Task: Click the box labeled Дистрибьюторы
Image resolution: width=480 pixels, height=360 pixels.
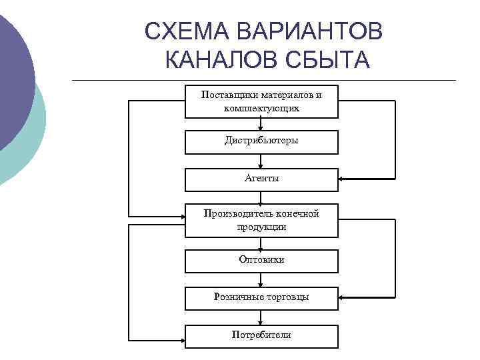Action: pyautogui.click(x=261, y=141)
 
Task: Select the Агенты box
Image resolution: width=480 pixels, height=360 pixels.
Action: pyautogui.click(x=261, y=179)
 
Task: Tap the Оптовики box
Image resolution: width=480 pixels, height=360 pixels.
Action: pyautogui.click(x=261, y=260)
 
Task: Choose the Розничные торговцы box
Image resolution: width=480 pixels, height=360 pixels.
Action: pyautogui.click(x=261, y=297)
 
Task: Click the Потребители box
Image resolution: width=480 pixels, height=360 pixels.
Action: pyautogui.click(x=261, y=335)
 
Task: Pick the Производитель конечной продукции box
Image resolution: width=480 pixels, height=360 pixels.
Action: pyautogui.click(x=261, y=220)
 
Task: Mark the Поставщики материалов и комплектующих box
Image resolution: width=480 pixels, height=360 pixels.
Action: pyautogui.click(x=261, y=101)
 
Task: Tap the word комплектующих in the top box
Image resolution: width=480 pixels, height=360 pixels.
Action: pyautogui.click(x=262, y=108)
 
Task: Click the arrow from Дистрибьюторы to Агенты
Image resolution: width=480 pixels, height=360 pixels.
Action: pyautogui.click(x=261, y=162)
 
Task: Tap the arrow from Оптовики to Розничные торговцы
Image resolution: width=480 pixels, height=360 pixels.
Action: pyautogui.click(x=261, y=280)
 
